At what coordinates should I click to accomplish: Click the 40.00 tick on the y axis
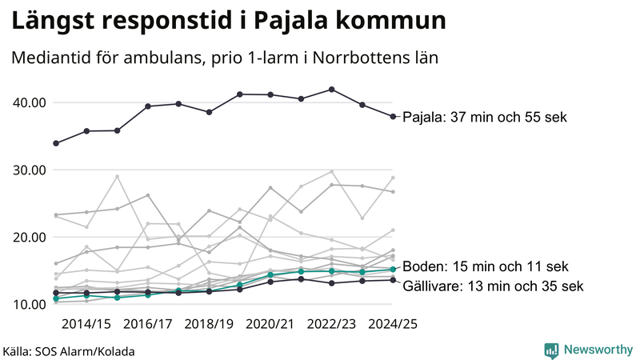coord(28,102)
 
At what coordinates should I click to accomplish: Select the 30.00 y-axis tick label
coord(28,170)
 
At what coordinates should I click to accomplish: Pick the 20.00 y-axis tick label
coord(28,237)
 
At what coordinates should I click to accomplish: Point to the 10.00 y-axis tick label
coord(28,304)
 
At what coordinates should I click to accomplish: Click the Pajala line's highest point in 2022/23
coord(332,90)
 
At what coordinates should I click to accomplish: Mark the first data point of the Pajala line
coord(55,143)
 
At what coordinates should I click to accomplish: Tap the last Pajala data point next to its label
coord(393,117)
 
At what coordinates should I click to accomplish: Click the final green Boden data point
coord(393,270)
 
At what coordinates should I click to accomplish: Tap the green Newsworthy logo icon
coord(551,350)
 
